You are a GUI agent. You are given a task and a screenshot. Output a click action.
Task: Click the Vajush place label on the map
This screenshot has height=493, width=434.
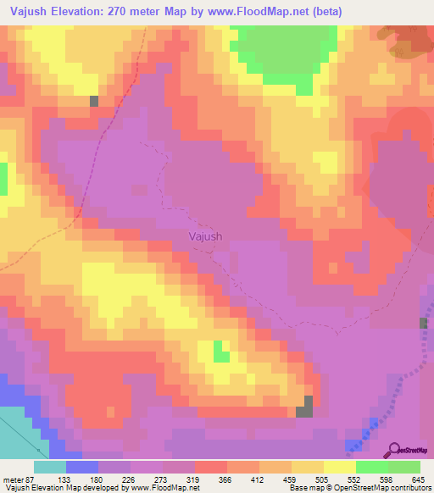[x=205, y=237]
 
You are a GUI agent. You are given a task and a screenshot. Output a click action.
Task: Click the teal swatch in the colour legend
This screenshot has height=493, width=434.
[x=50, y=467]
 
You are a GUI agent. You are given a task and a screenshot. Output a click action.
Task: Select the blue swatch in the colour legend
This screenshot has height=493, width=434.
[x=82, y=467]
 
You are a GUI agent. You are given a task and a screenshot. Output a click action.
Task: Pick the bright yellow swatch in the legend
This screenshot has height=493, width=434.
[x=340, y=467]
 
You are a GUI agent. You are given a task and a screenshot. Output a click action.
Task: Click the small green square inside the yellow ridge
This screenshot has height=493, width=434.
[x=220, y=351]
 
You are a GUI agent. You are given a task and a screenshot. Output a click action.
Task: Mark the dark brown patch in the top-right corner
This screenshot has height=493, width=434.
[x=411, y=38]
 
